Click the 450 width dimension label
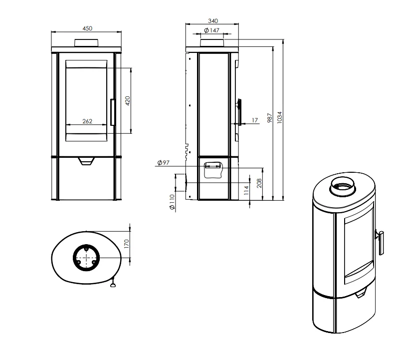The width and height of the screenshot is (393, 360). click(x=87, y=28)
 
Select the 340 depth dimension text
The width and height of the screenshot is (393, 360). click(x=213, y=21)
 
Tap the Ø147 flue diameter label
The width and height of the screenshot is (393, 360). click(x=212, y=30)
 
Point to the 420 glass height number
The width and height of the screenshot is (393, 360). click(x=128, y=101)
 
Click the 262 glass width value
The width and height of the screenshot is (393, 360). click(x=87, y=121)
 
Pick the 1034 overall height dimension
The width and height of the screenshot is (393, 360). click(x=279, y=117)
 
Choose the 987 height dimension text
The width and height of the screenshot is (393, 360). click(x=270, y=118)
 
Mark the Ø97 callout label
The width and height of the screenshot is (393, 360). click(x=164, y=163)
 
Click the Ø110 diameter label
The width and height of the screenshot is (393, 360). click(x=172, y=202)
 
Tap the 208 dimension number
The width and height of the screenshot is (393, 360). click(x=259, y=183)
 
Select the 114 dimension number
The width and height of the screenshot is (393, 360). click(x=246, y=190)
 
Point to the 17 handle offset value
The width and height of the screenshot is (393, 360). click(x=255, y=120)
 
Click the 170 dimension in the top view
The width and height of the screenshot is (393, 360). click(x=126, y=244)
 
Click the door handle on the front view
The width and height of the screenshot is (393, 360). click(x=113, y=112)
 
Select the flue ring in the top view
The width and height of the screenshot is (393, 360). click(x=86, y=258)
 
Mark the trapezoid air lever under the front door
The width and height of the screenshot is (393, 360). click(x=86, y=161)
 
